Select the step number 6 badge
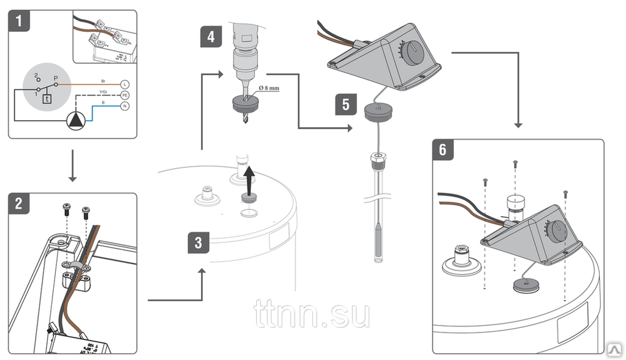click(x=443, y=151)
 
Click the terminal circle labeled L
click(x=124, y=84)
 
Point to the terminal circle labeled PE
click(x=124, y=95)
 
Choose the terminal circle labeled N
click(x=124, y=106)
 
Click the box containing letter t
click(x=46, y=98)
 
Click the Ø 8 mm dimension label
click(x=267, y=88)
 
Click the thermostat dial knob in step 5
click(x=413, y=52)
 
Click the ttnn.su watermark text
click(x=312, y=316)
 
